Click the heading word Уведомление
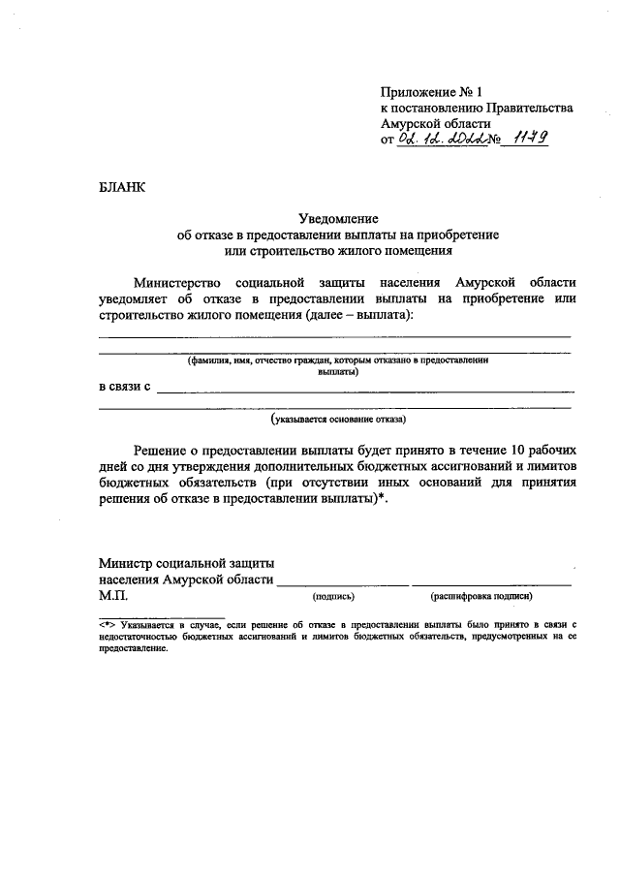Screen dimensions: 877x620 click(x=335, y=219)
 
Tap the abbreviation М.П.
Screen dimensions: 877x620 click(x=113, y=596)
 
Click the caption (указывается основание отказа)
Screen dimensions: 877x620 click(x=339, y=420)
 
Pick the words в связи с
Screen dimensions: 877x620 click(x=125, y=389)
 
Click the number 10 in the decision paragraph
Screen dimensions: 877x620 click(x=516, y=451)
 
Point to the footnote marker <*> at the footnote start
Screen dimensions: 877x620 click(x=107, y=626)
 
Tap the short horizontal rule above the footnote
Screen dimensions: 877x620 click(x=162, y=616)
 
